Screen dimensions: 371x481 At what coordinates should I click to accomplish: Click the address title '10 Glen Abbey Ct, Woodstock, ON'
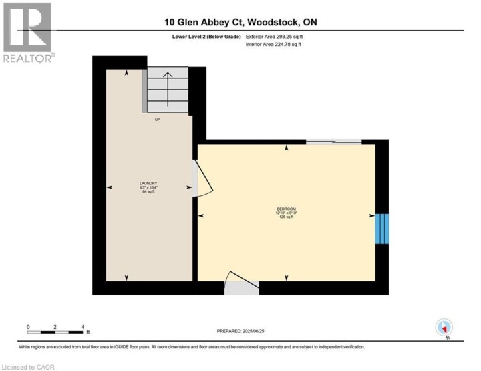pos(240,22)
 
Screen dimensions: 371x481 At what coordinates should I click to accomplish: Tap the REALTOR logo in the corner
pos(27,32)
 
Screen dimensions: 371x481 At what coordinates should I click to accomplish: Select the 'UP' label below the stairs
pos(158,120)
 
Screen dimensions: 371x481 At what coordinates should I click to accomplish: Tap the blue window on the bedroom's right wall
pos(381,229)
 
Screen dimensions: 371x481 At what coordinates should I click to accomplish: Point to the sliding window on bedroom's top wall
pos(334,142)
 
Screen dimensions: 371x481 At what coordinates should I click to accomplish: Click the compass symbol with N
pos(444,328)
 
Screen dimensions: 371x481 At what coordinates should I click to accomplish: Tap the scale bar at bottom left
pos(55,332)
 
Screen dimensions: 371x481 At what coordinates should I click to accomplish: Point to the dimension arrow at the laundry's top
pos(127,74)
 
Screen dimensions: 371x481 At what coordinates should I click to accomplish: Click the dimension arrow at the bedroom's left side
pos(202,215)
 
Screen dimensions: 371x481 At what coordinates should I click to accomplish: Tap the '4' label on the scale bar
pos(82,326)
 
